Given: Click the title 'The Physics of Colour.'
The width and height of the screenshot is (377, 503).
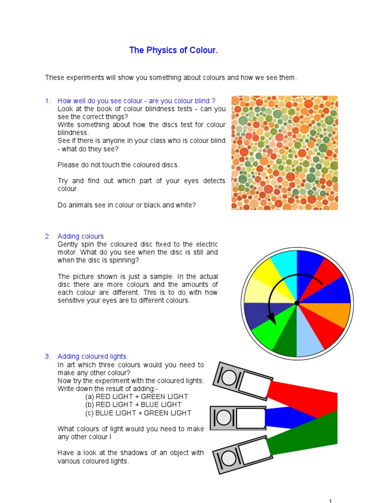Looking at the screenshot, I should [173, 50].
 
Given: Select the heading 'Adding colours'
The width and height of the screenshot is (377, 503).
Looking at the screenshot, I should [81, 236].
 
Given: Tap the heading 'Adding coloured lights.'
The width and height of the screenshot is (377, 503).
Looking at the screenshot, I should [93, 356].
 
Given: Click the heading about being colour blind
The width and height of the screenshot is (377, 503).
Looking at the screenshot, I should [136, 101].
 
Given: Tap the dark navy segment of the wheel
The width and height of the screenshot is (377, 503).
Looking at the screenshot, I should [257, 314].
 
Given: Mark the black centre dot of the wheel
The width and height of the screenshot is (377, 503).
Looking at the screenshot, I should [296, 304].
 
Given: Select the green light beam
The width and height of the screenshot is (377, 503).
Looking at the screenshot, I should [309, 435].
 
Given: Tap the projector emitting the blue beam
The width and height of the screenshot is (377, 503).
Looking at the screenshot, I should [238, 418].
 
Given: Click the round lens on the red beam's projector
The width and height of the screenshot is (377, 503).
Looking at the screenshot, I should [229, 377].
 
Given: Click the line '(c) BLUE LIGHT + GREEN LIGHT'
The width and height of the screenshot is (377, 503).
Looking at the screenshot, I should [138, 413].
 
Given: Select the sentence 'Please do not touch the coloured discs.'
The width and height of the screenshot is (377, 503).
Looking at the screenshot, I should [118, 165].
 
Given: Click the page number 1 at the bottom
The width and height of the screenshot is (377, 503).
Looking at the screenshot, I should [330, 501].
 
